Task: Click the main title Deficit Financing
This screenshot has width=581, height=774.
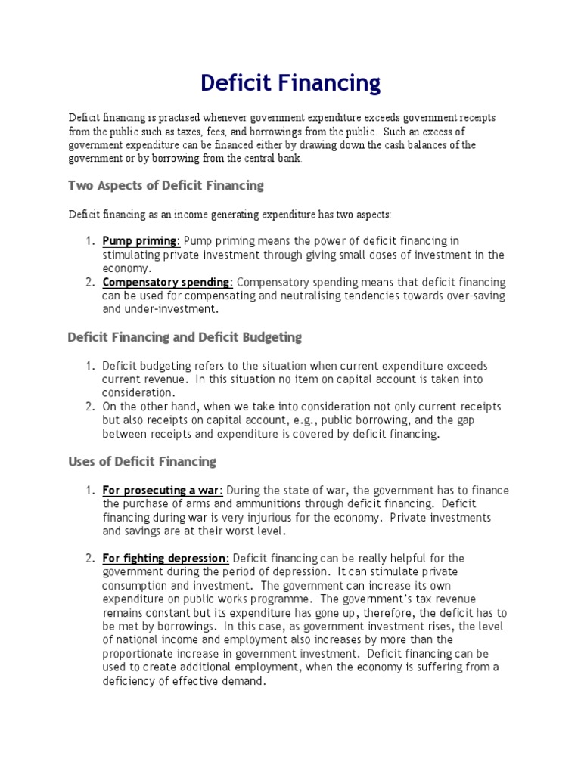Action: tap(290, 82)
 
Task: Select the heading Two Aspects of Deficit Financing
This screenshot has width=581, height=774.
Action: tap(166, 185)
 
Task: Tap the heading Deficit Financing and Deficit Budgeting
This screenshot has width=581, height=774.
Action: tap(185, 336)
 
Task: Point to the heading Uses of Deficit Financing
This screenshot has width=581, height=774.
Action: tap(141, 461)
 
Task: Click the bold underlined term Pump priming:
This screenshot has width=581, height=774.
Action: tap(141, 241)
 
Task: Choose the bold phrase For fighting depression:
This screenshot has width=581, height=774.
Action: tap(166, 558)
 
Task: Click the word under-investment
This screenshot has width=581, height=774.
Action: tap(164, 309)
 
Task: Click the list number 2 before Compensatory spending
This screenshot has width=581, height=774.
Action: tap(89, 282)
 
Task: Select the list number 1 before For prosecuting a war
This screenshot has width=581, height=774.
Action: tap(89, 491)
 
